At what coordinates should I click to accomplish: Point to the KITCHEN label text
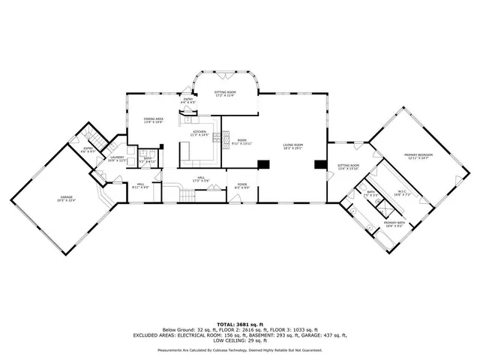[x=199, y=133]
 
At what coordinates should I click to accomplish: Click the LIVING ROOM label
[x=292, y=146]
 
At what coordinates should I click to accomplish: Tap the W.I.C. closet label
[x=402, y=190]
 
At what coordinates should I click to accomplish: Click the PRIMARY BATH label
[x=396, y=223]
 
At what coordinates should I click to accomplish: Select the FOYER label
[x=242, y=184]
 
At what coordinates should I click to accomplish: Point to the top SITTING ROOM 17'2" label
[x=225, y=94]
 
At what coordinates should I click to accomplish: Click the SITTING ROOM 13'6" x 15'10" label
[x=348, y=166]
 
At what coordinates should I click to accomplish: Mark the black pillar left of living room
[x=262, y=165]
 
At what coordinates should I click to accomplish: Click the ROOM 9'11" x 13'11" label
[x=242, y=142]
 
